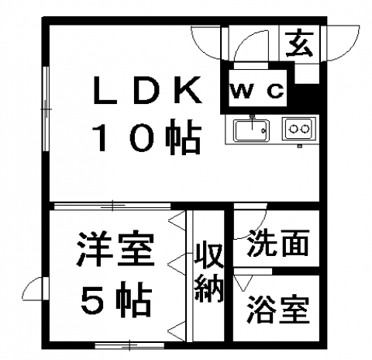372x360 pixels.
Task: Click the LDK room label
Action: tap(147, 89)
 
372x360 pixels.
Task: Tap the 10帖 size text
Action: tap(146, 137)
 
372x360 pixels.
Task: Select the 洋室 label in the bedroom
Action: tap(116, 249)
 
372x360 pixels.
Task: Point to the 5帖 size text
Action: tap(116, 299)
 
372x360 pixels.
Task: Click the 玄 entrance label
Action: tap(300, 44)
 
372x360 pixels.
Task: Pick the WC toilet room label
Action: tap(257, 91)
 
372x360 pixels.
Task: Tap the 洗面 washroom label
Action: tap(278, 243)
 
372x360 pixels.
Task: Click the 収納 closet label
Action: tap(208, 272)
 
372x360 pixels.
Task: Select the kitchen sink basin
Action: tap(252, 130)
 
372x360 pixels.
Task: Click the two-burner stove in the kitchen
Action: tap(299, 129)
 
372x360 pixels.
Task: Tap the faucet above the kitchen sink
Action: tap(253, 122)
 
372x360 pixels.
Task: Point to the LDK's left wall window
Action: tap(46, 109)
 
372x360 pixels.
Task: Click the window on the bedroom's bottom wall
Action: tap(129, 345)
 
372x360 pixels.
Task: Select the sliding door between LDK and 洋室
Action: tap(112, 206)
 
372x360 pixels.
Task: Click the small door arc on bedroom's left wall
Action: tap(32, 289)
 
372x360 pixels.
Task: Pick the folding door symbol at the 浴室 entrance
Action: tap(243, 282)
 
